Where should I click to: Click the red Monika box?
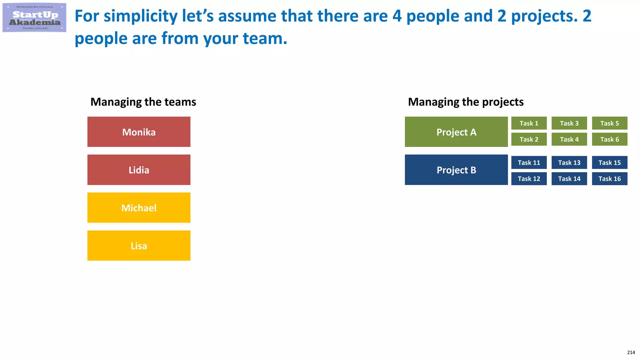point(139,132)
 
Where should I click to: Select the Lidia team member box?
point(139,170)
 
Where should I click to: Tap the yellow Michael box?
point(139,208)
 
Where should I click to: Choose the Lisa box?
point(139,246)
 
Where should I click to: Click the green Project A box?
point(456,132)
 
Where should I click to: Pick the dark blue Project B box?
point(456,170)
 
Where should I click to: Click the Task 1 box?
point(529,123)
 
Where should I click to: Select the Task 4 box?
point(569,139)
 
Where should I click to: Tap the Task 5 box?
point(609,123)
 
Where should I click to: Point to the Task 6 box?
point(609,139)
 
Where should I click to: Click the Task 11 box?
point(529,162)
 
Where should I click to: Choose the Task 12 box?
point(529,179)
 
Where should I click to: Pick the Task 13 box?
point(569,162)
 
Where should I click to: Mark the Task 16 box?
point(609,179)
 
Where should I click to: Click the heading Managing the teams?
point(143,102)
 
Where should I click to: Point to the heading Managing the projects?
point(466,102)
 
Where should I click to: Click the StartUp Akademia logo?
point(34,18)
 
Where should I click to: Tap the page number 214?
point(631,352)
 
